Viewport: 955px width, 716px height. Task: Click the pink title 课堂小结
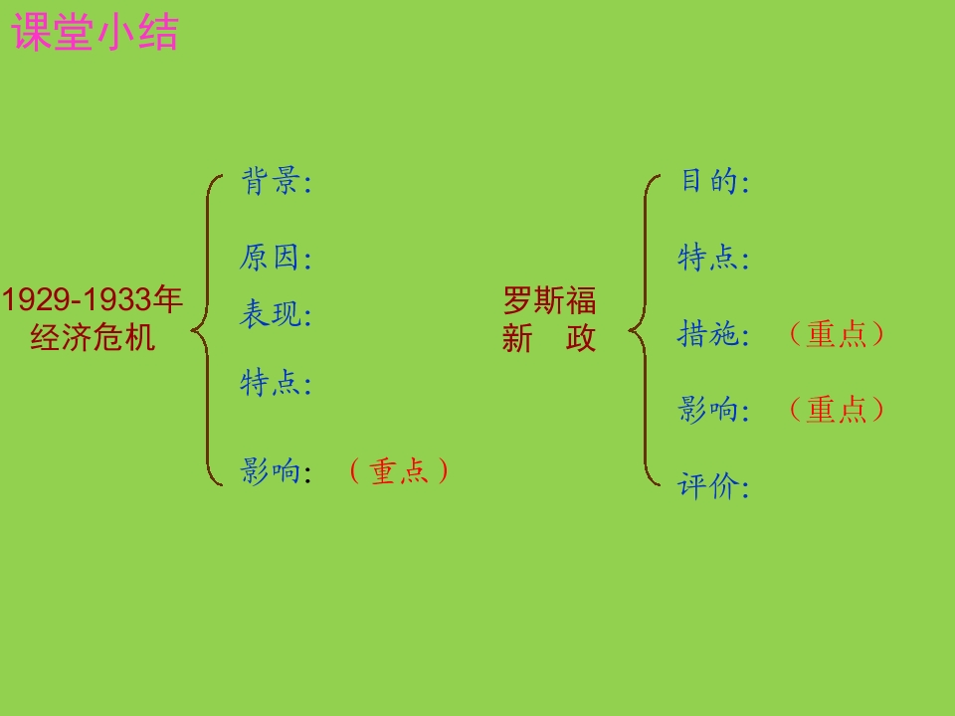95,32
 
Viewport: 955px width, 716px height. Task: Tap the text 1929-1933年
92,299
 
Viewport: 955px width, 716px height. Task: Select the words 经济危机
93,337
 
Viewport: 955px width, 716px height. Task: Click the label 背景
270,181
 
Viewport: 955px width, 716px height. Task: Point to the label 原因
270,257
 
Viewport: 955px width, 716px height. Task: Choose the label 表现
270,314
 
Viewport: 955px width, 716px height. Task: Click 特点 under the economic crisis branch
270,383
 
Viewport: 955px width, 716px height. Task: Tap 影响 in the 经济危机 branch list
270,470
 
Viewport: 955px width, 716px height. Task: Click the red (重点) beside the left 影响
399,471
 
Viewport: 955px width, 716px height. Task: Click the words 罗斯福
549,300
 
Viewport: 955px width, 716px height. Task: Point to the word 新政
549,338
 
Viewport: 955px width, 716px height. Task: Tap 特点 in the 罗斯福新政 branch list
707,257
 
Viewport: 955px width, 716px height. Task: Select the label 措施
707,334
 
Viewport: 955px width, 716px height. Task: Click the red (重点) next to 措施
837,334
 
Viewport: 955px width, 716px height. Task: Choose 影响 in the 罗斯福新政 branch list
707,409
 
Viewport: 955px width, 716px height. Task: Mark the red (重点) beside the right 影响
837,409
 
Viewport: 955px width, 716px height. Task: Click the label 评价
707,486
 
